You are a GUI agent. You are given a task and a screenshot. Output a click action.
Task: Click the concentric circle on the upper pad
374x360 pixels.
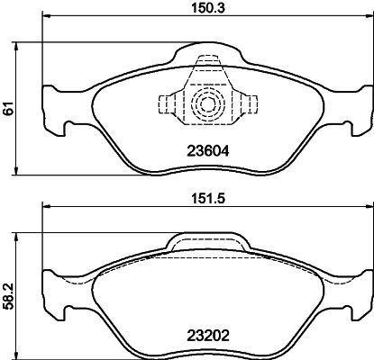coord(208,104)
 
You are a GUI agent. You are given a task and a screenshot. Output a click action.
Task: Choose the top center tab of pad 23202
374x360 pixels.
coord(207,241)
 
